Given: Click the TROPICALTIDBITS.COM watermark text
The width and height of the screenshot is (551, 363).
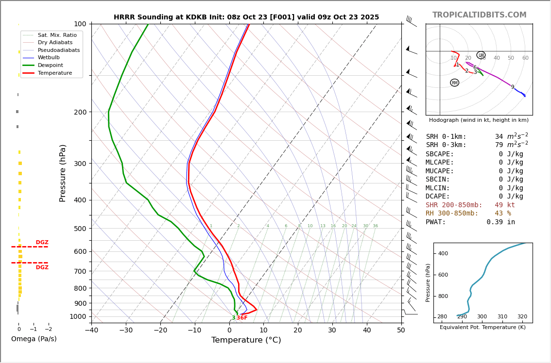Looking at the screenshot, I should [x=479, y=15].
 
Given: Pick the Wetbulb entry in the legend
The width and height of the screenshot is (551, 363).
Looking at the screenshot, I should [x=52, y=57].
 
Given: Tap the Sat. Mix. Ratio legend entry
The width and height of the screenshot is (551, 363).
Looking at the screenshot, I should [x=57, y=35].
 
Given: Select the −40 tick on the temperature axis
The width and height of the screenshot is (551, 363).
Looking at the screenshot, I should [x=91, y=330].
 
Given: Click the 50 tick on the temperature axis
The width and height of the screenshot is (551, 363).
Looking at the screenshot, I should [x=401, y=330].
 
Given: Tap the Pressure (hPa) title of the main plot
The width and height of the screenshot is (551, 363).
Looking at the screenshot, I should [x=63, y=173].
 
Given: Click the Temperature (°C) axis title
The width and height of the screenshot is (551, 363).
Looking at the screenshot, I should [x=246, y=340].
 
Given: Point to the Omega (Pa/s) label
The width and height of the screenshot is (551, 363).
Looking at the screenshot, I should [x=34, y=339].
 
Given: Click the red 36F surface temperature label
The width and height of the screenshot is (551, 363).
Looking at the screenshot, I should [x=242, y=318].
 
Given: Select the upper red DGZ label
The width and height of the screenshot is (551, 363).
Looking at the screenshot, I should [x=42, y=243].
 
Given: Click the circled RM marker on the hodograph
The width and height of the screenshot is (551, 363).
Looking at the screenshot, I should [x=454, y=83].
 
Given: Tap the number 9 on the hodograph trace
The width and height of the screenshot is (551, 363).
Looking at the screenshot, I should [x=512, y=87].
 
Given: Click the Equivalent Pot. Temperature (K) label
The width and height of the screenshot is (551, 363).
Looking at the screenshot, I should [x=482, y=328].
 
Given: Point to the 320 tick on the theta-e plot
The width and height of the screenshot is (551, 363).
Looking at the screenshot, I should [x=522, y=317].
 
